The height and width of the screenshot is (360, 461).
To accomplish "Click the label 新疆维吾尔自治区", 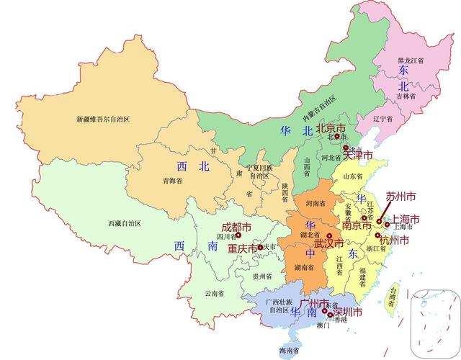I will (107, 118).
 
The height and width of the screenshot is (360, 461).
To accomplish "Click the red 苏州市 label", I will (401, 196).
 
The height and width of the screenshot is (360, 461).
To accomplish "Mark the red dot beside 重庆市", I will (259, 248).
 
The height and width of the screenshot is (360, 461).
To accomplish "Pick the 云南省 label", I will (214, 293).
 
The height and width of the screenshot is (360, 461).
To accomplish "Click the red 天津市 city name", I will (357, 155).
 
